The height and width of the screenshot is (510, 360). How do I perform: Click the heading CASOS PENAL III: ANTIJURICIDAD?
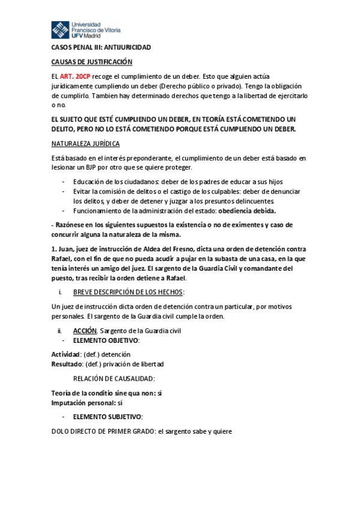(x=101, y=48)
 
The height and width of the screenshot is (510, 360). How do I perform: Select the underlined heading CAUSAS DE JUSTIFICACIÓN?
(x=91, y=62)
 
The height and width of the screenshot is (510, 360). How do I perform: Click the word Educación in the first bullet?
(x=90, y=182)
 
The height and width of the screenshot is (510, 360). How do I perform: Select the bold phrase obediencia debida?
(x=247, y=210)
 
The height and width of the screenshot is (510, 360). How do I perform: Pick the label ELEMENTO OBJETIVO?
(x=106, y=340)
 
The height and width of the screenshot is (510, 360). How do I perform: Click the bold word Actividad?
(x=65, y=354)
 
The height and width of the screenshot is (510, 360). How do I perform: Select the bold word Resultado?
(x=66, y=364)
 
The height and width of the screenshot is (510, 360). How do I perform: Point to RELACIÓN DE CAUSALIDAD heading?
(x=114, y=379)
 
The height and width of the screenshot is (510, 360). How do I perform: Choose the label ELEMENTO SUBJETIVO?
(x=108, y=417)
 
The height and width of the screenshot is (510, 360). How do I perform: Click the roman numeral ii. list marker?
(x=59, y=331)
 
